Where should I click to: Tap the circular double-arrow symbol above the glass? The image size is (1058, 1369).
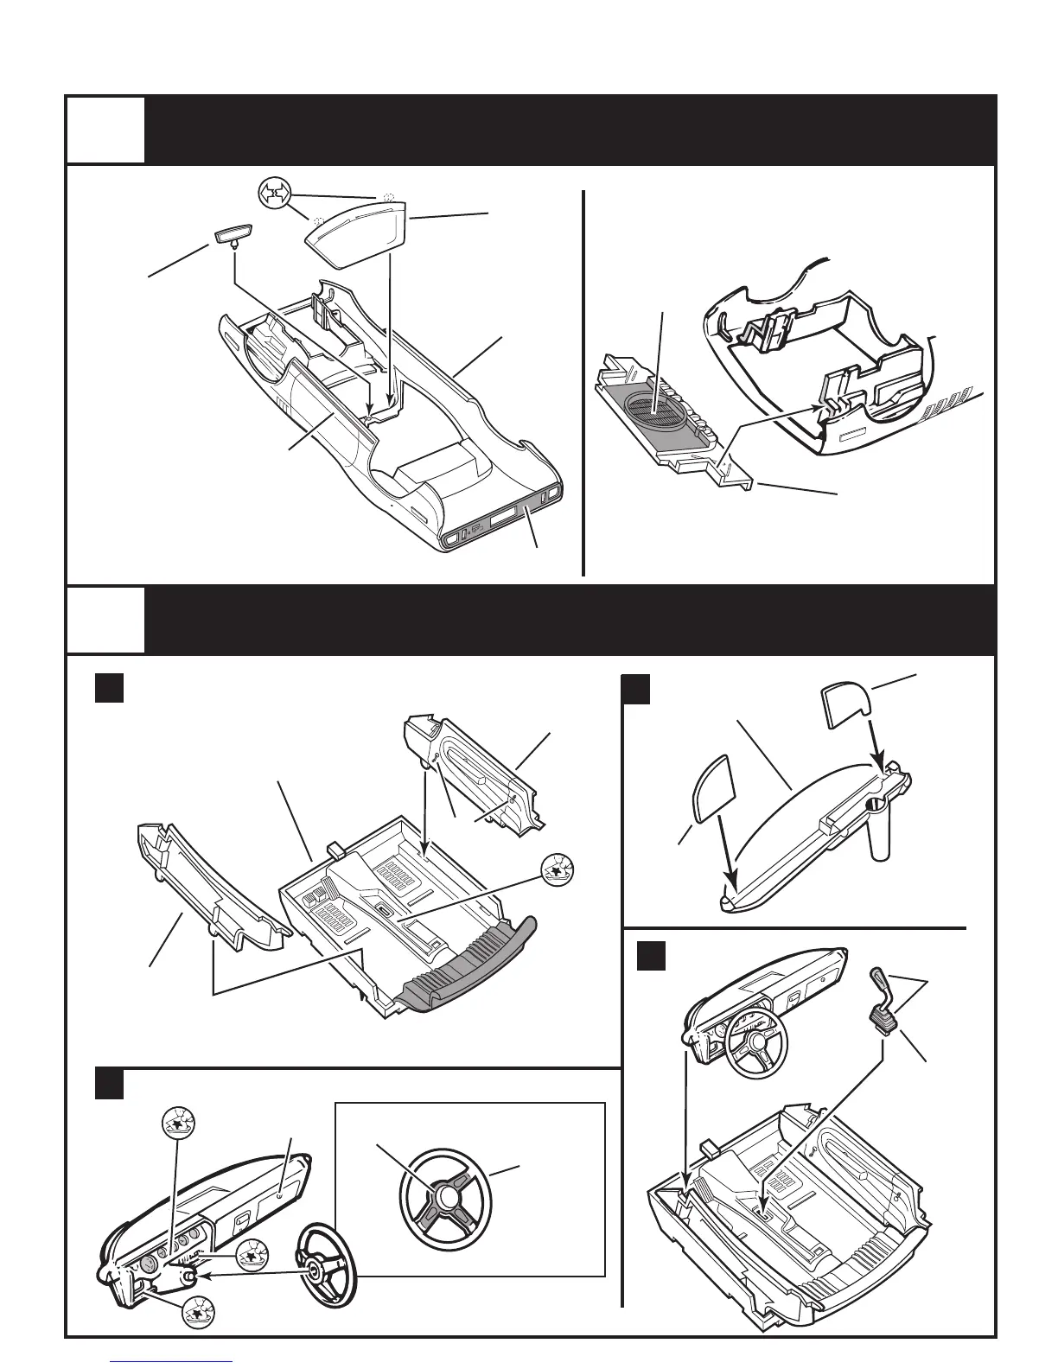(x=275, y=194)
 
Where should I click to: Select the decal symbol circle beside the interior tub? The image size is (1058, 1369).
(x=558, y=871)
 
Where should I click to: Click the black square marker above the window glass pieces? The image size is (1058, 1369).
(x=635, y=691)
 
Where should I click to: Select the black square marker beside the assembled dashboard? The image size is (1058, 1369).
(x=651, y=955)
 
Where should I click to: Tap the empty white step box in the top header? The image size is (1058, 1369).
(x=105, y=130)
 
